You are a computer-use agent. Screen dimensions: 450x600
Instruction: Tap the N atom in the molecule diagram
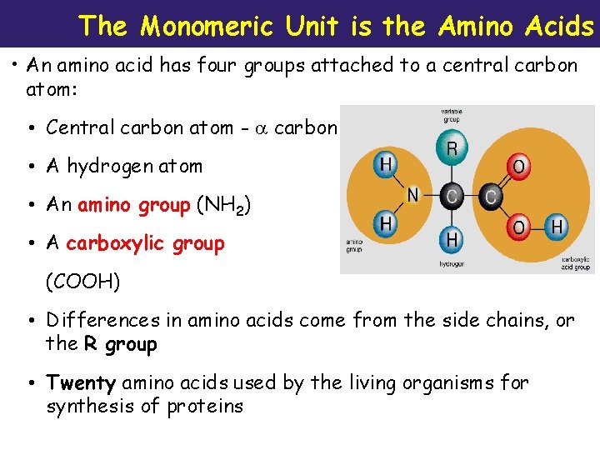412,196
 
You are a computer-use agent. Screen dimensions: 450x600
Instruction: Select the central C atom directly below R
452,196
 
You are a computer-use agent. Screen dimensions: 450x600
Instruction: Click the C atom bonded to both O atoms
491,197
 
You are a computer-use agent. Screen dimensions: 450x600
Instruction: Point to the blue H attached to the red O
556,226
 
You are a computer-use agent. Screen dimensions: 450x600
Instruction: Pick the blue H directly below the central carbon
452,239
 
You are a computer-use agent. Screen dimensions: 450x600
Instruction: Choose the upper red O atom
518,167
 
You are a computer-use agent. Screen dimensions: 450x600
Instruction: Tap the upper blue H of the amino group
385,164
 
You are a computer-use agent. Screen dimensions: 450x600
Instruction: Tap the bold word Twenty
81,383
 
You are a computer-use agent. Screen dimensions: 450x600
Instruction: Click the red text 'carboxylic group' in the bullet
145,244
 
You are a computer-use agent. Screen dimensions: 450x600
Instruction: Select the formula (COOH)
82,282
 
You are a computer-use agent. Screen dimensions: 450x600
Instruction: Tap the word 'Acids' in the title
560,27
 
